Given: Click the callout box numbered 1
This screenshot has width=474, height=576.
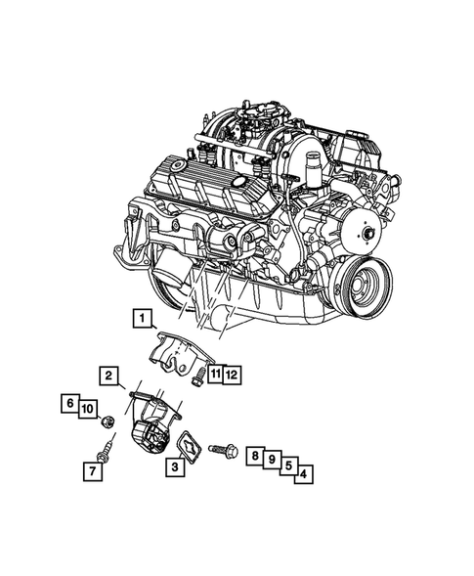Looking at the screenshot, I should pos(143,317).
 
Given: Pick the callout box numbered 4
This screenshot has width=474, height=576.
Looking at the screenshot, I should pos(306,475).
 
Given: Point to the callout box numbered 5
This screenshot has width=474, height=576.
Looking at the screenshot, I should pos(289,466).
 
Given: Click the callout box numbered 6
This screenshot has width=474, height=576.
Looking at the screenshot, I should pos(70,402).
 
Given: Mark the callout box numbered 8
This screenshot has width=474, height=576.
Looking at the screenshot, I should pos(254,456).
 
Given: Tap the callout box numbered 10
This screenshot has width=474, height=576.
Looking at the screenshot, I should pos(86,408).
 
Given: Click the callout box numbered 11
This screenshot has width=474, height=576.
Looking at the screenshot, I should pos(213,374).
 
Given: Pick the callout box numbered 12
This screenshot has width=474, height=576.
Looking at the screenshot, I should pos(231,374).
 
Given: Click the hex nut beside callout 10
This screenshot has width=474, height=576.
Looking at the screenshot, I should pos(110,421).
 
